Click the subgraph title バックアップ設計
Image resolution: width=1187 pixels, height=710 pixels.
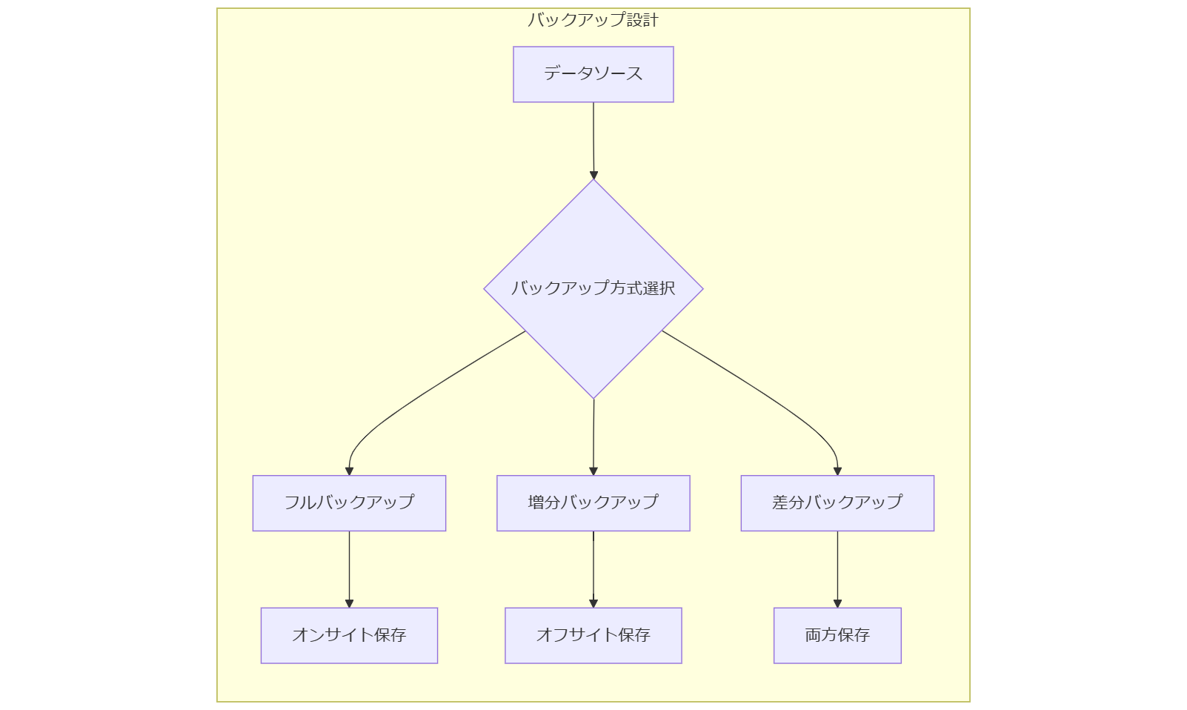pyautogui.click(x=593, y=20)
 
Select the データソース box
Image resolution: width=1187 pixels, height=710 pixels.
pyautogui.click(x=593, y=74)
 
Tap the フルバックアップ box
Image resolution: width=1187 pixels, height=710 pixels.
pyautogui.click(x=349, y=502)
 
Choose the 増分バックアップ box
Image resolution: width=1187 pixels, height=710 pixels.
pyautogui.click(x=593, y=502)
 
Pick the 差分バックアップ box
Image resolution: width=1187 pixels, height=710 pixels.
pyautogui.click(x=837, y=502)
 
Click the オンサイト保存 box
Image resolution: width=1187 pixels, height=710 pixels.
pyautogui.click(x=349, y=635)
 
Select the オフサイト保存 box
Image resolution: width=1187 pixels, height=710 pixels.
pyautogui.click(x=593, y=635)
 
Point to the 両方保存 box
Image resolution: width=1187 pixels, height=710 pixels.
pyautogui.click(x=837, y=635)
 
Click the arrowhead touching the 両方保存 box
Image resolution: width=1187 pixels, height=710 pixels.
pyautogui.click(x=837, y=603)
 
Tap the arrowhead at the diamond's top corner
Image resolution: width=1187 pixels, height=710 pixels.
pyautogui.click(x=593, y=175)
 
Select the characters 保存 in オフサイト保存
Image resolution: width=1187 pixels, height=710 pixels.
pyautogui.click(x=634, y=635)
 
